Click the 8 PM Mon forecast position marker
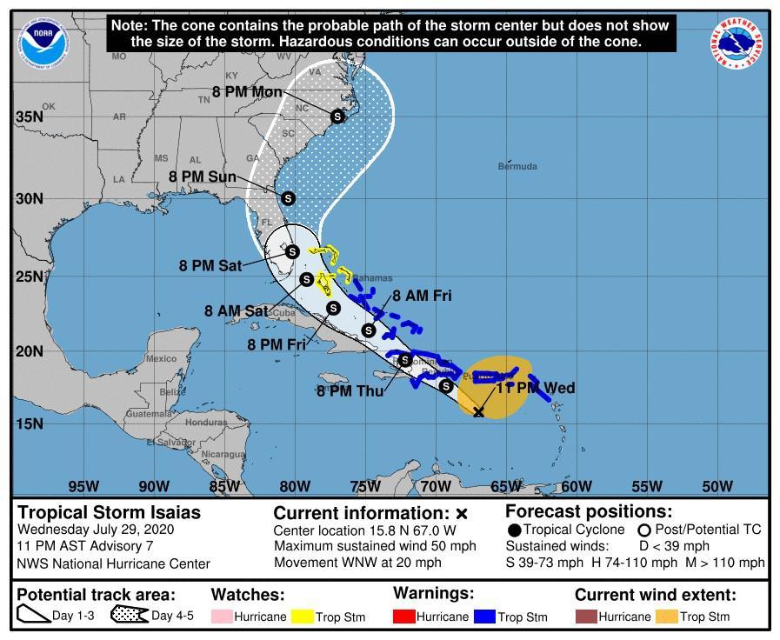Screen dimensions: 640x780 (337, 117)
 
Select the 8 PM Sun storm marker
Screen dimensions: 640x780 (288, 198)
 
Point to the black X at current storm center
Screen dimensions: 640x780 (478, 411)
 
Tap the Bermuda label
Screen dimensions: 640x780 (517, 166)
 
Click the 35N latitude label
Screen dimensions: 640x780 (29, 117)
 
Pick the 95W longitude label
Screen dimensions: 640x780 (83, 486)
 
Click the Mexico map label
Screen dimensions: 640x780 (161, 358)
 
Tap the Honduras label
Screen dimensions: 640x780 (206, 422)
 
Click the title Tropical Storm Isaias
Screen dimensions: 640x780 (109, 513)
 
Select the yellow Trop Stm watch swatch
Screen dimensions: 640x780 (302, 617)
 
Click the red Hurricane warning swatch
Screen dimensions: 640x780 (404, 617)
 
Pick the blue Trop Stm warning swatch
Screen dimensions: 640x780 (483, 617)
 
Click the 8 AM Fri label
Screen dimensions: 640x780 (422, 296)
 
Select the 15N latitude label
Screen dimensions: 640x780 (29, 423)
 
